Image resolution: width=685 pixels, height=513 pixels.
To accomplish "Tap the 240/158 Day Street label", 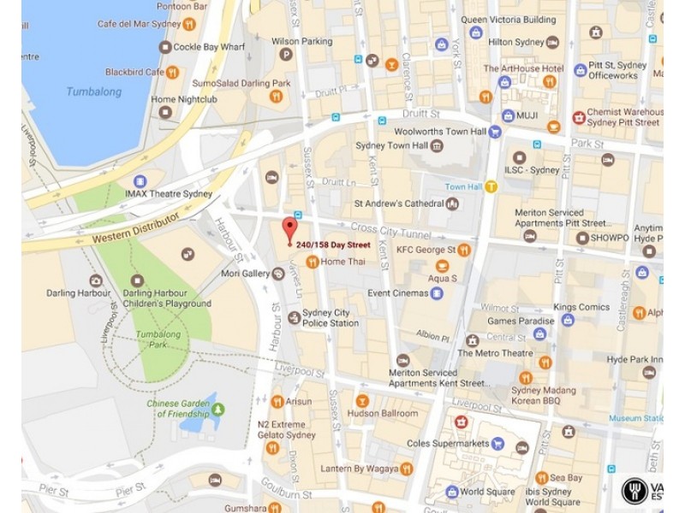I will click(333, 245).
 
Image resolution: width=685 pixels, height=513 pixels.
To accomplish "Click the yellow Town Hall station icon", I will click(491, 186).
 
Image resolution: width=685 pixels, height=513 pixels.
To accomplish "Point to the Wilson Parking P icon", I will click(286, 55).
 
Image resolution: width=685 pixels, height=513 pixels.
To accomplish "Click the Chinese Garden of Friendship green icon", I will click(218, 410).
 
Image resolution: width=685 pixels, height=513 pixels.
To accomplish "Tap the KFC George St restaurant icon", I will click(463, 250).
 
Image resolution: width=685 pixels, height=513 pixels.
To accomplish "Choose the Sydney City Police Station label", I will click(331, 318).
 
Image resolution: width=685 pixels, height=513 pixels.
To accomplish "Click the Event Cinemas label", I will click(398, 293).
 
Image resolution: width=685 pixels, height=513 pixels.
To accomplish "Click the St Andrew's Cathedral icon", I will click(452, 203).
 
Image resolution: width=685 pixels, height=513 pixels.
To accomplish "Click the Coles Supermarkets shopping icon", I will click(521, 445).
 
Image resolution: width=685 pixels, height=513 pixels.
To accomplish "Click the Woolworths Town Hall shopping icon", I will click(494, 132).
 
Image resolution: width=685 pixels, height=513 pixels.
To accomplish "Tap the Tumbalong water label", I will click(93, 91).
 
